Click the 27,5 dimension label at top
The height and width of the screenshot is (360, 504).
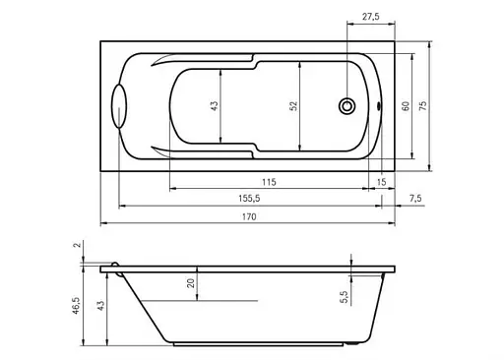click(370, 17)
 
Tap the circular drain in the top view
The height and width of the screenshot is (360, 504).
click(346, 106)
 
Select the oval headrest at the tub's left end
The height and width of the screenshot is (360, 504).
click(118, 105)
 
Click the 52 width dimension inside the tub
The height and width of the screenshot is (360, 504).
click(293, 105)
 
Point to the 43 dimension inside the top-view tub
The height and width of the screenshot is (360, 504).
click(214, 105)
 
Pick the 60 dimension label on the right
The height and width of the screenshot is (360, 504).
click(406, 106)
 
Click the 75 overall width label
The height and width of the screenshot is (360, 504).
click(423, 105)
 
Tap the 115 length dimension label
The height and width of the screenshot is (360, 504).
click(269, 182)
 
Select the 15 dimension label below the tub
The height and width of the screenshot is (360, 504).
click(381, 182)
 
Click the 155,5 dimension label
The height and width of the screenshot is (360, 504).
click(249, 199)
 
